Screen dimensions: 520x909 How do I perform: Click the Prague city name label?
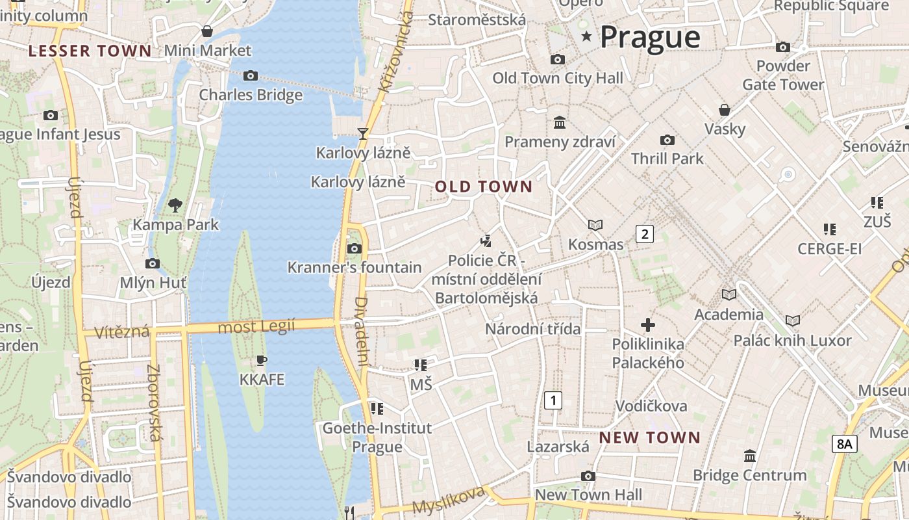pos(650,37)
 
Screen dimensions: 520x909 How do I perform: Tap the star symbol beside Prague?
pos(587,36)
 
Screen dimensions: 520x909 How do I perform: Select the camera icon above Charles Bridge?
pos(251,76)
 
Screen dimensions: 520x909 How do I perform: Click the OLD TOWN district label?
pos(484,187)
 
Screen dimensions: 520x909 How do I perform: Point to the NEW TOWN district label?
pos(649,437)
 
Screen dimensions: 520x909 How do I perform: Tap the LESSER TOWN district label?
pos(90,51)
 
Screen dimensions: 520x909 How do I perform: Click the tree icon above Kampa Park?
pos(175,205)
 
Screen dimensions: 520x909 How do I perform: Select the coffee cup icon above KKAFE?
pos(262,359)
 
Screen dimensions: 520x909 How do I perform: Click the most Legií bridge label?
pos(256,326)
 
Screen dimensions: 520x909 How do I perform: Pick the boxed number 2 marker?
pos(643,234)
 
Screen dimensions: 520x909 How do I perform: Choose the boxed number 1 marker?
pos(553,400)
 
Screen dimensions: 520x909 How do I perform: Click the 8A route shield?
pos(844,444)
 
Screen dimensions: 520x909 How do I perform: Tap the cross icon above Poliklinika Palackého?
pos(647,325)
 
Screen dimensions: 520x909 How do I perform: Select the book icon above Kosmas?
pos(595,225)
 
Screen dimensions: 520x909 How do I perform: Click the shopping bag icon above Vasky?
pos(725,109)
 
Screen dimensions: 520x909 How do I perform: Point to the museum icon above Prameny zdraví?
pos(560,122)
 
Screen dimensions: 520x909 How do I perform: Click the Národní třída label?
pos(533,329)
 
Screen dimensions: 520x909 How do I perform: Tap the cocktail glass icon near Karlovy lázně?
pos(363,133)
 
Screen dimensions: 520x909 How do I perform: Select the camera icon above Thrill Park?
pos(667,140)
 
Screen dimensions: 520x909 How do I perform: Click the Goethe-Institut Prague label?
pos(377,437)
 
